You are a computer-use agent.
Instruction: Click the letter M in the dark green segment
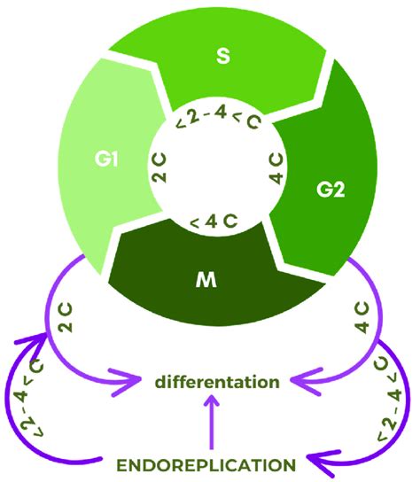[x=206, y=282]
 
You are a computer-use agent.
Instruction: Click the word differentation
[x=210, y=382]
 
